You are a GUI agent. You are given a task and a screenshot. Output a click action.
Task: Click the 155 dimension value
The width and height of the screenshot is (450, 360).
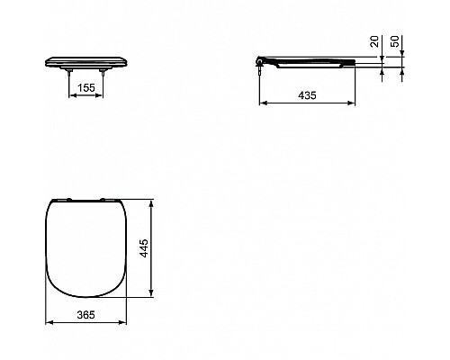point(87,89)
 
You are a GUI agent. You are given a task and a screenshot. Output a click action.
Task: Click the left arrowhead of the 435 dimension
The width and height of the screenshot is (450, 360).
point(262,103)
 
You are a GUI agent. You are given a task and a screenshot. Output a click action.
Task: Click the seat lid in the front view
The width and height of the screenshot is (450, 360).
point(87,59)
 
